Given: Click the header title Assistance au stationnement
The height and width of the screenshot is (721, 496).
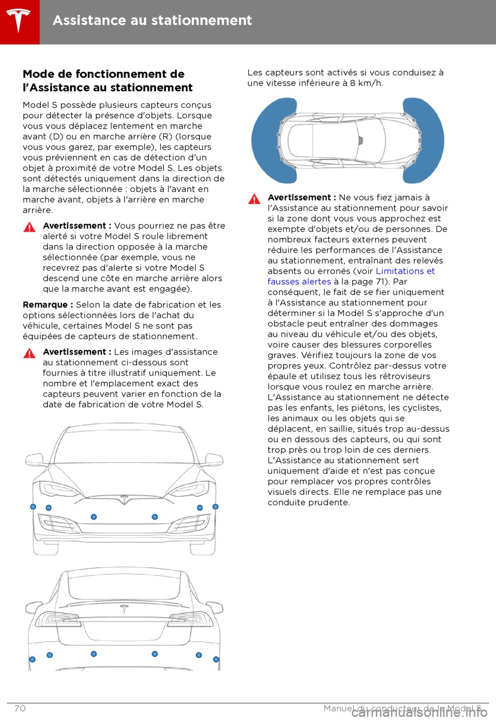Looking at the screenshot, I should click(x=152, y=21).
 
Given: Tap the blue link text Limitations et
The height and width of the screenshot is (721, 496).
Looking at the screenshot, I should click(x=405, y=271).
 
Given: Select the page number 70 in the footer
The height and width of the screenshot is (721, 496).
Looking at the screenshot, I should click(x=20, y=709).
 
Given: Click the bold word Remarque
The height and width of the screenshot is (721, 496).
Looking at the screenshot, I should click(x=45, y=305).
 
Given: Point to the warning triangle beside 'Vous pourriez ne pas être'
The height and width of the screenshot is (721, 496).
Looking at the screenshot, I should click(x=29, y=227).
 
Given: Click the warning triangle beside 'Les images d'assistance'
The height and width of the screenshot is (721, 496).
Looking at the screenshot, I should click(x=29, y=353).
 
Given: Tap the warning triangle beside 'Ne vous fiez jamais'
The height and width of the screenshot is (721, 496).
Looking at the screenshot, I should click(x=254, y=199).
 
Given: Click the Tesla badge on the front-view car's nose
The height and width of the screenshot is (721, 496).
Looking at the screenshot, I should click(x=124, y=499).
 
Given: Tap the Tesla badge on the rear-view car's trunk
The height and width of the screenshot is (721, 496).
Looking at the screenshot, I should click(x=124, y=608).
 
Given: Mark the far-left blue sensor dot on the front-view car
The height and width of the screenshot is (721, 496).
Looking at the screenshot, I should click(x=33, y=507).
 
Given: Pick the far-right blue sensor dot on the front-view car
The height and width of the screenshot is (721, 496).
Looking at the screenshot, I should click(x=215, y=507).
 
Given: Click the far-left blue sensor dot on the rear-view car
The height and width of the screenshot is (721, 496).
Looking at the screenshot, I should click(x=33, y=660).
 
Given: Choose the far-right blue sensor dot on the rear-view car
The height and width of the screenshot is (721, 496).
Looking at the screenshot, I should click(x=216, y=660).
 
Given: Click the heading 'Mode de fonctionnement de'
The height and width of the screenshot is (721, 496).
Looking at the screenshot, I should click(x=103, y=74).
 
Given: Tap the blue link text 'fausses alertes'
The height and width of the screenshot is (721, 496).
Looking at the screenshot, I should click(x=299, y=281).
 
